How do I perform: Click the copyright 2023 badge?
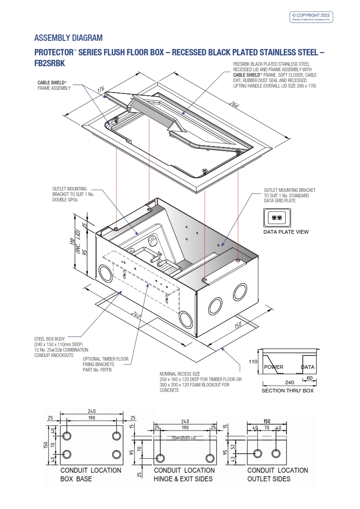point(312,17)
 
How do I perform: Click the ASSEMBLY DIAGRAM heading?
point(68,38)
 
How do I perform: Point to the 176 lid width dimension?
point(101,88)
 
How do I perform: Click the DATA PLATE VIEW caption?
point(286,232)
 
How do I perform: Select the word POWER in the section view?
point(273,367)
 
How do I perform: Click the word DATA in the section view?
point(308,367)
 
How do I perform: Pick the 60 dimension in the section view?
point(309,377)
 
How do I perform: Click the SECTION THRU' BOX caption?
point(287,391)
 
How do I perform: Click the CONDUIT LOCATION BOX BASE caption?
point(90,475)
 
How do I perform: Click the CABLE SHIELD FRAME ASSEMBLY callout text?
point(54,85)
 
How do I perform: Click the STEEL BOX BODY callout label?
point(49,338)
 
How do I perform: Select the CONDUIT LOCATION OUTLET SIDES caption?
point(277,475)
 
